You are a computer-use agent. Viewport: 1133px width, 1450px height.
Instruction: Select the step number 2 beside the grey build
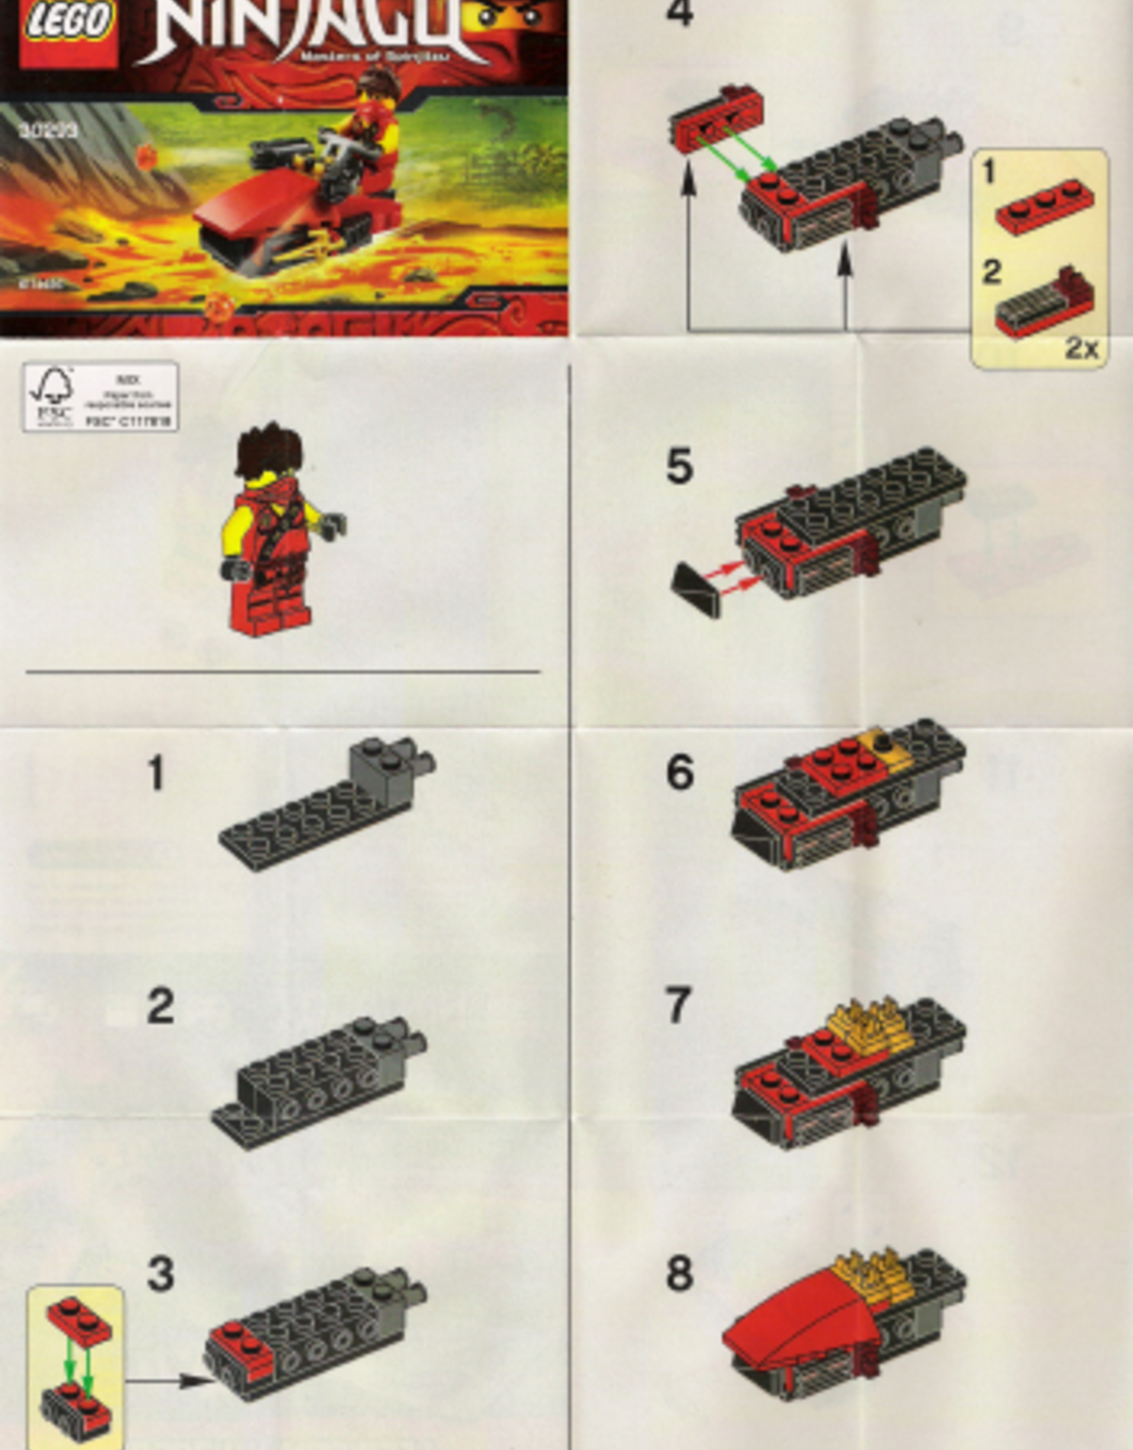point(161,1006)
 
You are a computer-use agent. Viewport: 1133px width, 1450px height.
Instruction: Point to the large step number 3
point(161,1274)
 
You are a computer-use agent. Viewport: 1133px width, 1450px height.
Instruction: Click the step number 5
point(679,467)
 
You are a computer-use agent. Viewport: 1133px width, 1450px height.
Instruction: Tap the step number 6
point(679,772)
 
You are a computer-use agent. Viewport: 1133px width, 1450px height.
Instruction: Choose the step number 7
point(678,1005)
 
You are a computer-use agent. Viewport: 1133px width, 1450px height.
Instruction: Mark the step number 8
point(679,1274)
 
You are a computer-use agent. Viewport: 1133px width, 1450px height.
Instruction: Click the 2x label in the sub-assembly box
point(1081,348)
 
